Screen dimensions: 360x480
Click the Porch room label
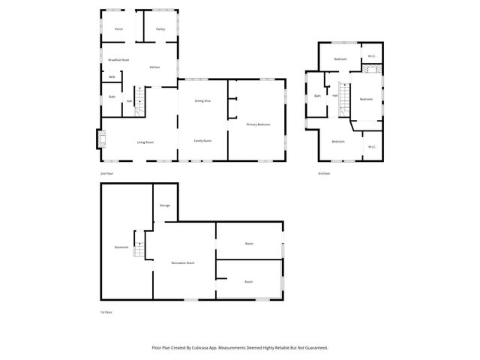(118, 29)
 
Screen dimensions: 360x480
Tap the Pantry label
(160, 29)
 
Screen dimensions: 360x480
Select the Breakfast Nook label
(118, 59)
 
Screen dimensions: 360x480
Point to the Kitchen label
(154, 67)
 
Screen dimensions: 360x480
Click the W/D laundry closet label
(112, 76)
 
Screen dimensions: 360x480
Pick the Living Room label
(145, 142)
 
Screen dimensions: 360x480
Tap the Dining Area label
(202, 100)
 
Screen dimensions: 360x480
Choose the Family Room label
(202, 141)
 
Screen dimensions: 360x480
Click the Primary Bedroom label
(258, 124)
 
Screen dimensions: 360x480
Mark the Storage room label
(164, 205)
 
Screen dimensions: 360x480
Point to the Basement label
(121, 247)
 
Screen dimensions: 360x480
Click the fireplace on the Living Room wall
(100, 139)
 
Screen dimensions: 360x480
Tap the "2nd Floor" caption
(106, 173)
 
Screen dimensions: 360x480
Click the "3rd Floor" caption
(324, 173)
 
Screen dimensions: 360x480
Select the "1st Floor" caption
(106, 312)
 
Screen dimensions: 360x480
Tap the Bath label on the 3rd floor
(318, 95)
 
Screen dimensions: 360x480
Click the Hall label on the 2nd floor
(129, 100)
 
